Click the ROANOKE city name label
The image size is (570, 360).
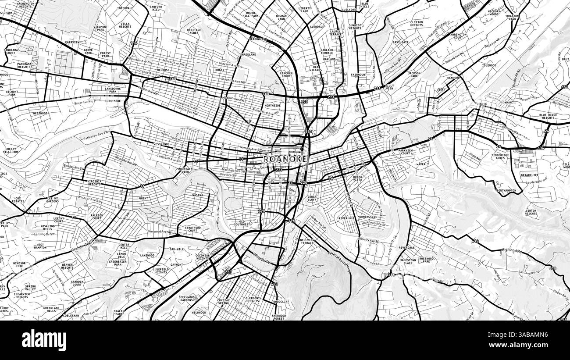tap(285, 160)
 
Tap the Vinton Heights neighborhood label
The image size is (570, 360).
tap(531, 212)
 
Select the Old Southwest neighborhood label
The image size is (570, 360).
tap(242, 223)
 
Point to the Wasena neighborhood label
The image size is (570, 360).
tap(197, 195)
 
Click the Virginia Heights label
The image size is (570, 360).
tap(94, 183)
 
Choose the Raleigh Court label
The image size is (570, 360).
tap(97, 217)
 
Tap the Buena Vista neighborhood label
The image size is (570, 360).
tap(349, 178)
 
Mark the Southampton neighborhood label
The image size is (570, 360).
tap(506, 191)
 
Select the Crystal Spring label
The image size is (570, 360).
tap(223, 302)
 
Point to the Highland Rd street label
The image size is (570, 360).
tap(512, 250)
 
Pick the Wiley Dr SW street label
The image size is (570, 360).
tap(262, 259)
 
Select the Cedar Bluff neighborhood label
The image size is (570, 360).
tap(312, 199)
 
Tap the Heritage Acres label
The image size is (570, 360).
tap(194, 31)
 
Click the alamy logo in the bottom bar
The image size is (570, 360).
tap(44, 340)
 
